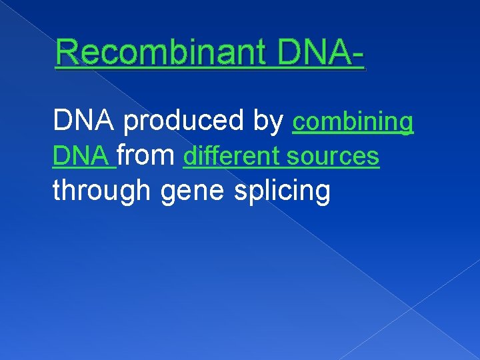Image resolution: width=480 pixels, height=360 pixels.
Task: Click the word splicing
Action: point(282,192)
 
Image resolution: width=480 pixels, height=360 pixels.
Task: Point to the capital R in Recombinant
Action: point(67,53)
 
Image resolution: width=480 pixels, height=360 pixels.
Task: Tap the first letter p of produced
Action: point(131,124)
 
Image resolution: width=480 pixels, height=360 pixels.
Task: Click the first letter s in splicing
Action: point(240,192)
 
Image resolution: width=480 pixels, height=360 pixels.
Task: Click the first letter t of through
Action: point(57,191)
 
